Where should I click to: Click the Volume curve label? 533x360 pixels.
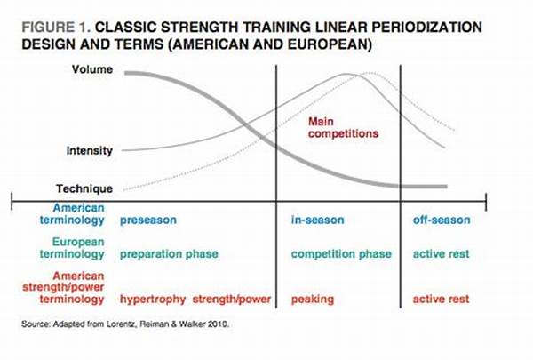[92, 69]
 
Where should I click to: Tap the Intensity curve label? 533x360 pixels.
[90, 151]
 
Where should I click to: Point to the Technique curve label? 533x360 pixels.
[84, 188]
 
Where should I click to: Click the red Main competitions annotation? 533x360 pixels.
[343, 128]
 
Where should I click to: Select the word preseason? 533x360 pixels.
[148, 220]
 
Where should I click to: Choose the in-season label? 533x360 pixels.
[317, 220]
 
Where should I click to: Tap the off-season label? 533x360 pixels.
[442, 220]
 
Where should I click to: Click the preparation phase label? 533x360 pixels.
[169, 254]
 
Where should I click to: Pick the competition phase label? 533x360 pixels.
[341, 254]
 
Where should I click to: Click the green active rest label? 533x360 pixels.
[441, 254]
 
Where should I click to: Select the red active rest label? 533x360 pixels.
[441, 299]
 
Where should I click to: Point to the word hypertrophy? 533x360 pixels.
[153, 300]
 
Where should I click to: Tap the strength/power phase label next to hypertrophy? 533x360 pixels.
[232, 300]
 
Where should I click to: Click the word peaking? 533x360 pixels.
[313, 300]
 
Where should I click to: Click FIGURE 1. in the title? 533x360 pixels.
[56, 28]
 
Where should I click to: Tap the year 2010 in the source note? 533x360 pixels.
[218, 324]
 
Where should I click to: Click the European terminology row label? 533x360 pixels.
[72, 248]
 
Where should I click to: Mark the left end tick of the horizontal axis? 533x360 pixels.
[12, 201]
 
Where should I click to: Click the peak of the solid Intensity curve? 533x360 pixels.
[346, 74]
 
